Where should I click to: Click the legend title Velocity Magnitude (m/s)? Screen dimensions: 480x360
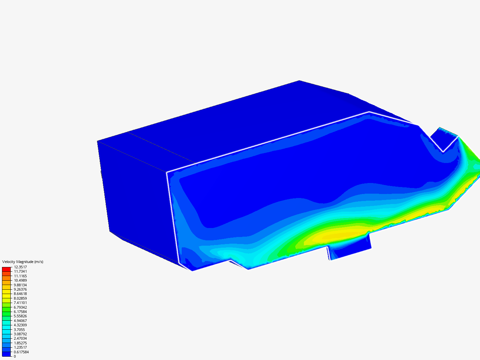(23, 262)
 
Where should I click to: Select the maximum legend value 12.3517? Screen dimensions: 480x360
(20, 267)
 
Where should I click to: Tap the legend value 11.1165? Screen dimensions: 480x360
(20, 276)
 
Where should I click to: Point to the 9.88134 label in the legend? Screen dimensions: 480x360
(20, 285)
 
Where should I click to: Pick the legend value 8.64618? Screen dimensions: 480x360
(20, 294)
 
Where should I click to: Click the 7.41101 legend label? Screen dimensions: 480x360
(20, 303)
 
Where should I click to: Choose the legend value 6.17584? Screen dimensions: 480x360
(20, 312)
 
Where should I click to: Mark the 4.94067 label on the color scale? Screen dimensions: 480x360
(20, 321)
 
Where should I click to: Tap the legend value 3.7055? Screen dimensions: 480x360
(19, 330)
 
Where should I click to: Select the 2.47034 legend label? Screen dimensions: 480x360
(20, 338)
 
